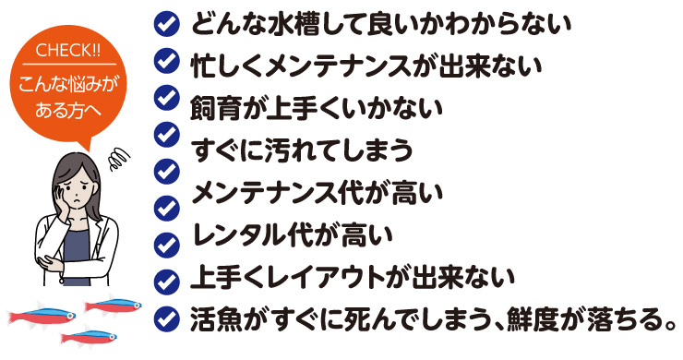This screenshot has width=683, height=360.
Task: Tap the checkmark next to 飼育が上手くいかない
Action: click(x=166, y=96)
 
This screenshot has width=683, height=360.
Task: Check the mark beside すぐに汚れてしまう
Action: click(x=166, y=133)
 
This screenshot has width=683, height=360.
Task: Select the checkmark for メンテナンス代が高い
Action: click(x=166, y=170)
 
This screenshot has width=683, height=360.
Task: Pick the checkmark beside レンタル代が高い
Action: click(x=166, y=207)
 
